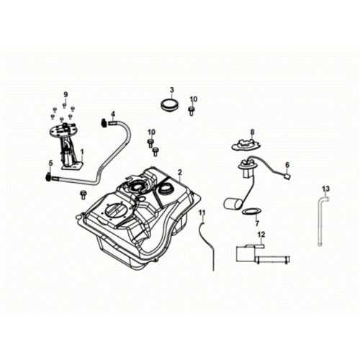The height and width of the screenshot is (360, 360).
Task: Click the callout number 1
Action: click(82, 152)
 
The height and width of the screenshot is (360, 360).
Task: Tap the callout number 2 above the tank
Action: click(180, 172)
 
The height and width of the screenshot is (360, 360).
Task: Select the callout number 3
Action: click(172, 90)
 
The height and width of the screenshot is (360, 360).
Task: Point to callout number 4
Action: click(113, 113)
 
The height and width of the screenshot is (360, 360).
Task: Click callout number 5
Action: click(50, 163)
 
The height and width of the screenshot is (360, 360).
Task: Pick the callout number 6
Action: click(287, 165)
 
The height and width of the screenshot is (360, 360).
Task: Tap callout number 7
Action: click(257, 224)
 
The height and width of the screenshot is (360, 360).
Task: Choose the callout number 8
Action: click(252, 132)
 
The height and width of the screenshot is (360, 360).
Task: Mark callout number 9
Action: click(66, 94)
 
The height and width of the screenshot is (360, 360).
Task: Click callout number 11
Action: click(202, 212)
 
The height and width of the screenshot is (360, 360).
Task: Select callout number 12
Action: click(261, 234)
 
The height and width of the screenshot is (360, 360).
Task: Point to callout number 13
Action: click(326, 189)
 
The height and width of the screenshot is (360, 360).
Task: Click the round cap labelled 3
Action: click(170, 105)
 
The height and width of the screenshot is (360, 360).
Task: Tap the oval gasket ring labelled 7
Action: click(251, 212)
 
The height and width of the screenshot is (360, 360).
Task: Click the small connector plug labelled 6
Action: click(287, 176)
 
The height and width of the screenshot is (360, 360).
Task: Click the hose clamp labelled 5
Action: click(48, 177)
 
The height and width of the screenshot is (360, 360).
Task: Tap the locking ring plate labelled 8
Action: click(246, 145)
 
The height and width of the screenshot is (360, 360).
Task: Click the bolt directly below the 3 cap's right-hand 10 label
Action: click(192, 111)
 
